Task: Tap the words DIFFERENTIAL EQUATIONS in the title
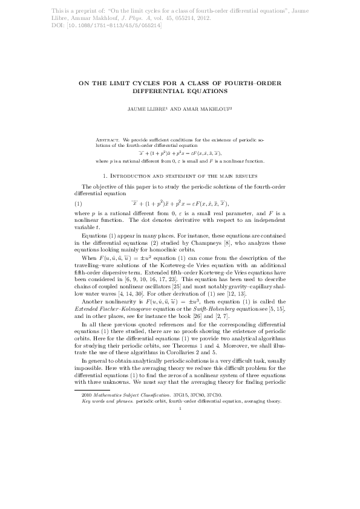click(180, 92)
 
